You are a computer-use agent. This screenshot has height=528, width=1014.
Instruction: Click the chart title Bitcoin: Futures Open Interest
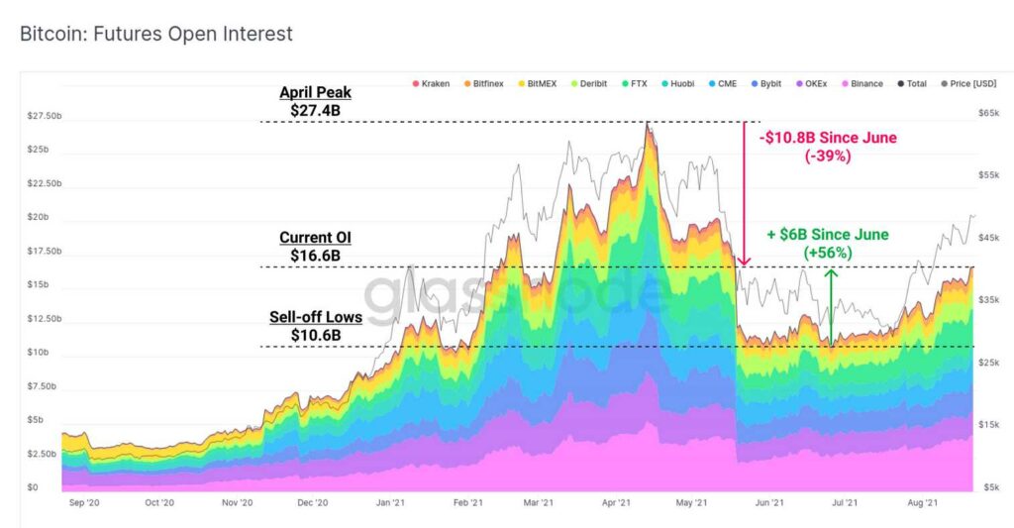point(156,34)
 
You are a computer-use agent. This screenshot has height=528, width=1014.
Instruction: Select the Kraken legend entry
point(434,83)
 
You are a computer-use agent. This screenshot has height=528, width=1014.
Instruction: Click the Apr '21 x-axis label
point(616,503)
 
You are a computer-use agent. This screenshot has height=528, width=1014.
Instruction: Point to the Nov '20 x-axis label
point(237,503)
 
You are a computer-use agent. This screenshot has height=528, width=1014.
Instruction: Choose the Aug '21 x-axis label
point(922,503)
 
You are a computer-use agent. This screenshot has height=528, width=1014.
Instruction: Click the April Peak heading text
point(315,93)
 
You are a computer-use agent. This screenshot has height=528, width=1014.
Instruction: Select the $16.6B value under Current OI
point(315,256)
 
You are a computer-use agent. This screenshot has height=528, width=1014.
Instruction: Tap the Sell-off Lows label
point(315,317)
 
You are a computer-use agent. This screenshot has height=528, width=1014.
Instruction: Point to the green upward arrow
point(832,307)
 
